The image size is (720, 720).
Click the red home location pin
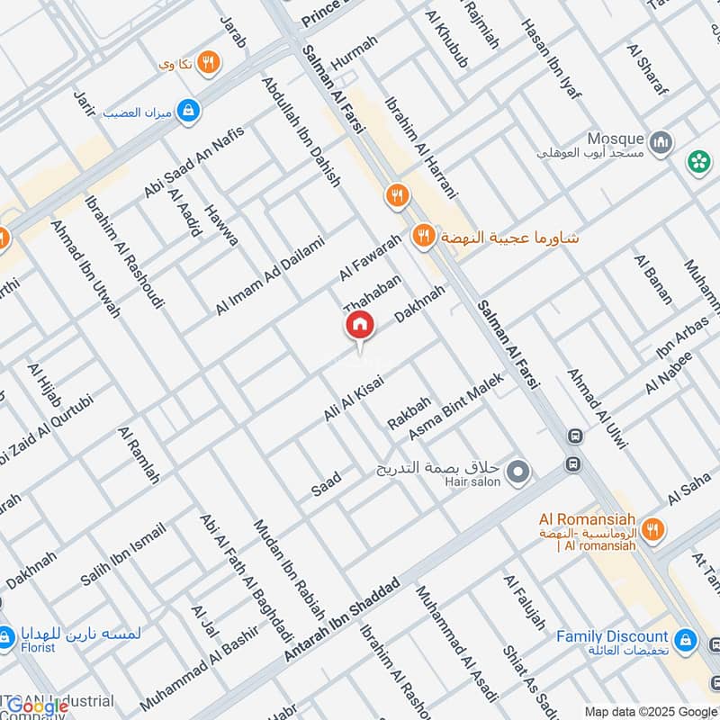pos(359,327)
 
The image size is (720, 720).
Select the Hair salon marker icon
pos(517,471)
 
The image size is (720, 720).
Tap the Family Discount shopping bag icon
pos(687,640)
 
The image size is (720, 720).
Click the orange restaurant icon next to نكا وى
pos(209,62)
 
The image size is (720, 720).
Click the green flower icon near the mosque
pos(698,162)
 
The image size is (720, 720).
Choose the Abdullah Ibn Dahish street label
pos(301,131)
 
